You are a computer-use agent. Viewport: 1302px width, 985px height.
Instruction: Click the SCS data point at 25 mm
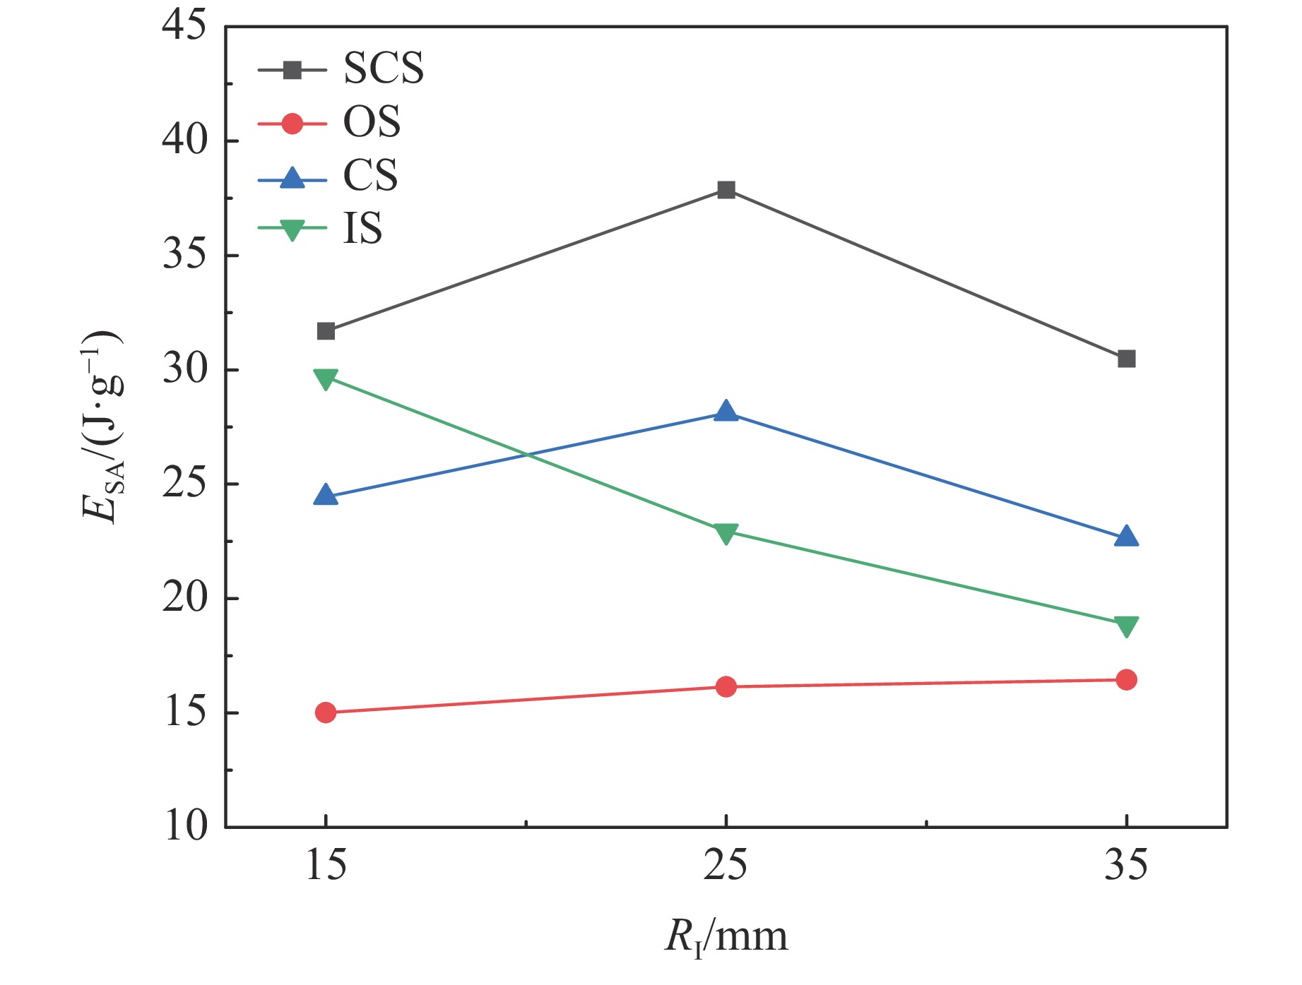[726, 190]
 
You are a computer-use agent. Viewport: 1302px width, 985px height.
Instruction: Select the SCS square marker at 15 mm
[326, 331]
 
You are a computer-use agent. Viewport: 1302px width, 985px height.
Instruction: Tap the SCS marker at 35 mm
[1126, 359]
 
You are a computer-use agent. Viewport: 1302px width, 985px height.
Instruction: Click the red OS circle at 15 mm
[326, 712]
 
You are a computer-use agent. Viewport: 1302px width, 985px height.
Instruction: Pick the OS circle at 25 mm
[726, 686]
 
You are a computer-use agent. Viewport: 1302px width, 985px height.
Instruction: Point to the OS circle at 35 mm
[1126, 679]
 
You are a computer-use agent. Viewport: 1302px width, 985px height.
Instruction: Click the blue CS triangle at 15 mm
[326, 496]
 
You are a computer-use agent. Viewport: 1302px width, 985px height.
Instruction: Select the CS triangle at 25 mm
[726, 412]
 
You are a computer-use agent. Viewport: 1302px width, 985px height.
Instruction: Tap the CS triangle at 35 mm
[1126, 537]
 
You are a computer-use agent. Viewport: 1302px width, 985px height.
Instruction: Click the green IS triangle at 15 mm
[326, 378]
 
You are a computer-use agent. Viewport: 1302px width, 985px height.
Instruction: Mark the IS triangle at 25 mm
[726, 533]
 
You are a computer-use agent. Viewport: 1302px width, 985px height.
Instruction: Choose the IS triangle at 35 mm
[1126, 626]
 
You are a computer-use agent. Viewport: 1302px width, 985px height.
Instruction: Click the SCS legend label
[384, 68]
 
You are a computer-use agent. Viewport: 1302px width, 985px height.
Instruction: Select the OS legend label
[372, 122]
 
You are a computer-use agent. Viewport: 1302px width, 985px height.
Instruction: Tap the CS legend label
[370, 175]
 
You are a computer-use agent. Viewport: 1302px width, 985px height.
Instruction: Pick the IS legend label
[362, 228]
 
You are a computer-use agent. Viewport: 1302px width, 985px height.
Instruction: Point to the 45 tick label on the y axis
[184, 26]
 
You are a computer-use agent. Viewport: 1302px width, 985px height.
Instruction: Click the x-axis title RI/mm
[726, 938]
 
